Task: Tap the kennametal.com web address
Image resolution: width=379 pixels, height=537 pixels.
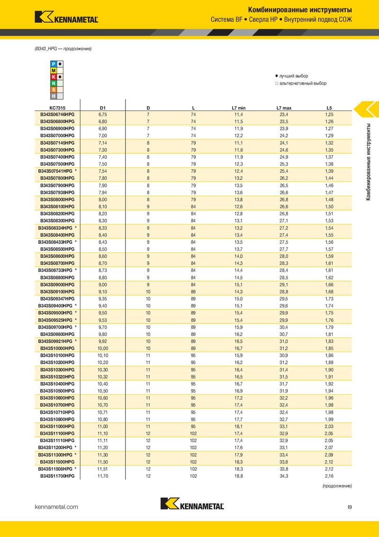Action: [x=56, y=507]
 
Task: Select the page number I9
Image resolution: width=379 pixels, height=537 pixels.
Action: [x=349, y=507]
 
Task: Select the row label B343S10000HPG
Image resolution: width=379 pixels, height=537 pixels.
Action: [x=57, y=349]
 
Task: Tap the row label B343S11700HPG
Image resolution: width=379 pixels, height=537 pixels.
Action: [x=57, y=476]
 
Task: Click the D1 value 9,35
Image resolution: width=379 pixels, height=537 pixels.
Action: [x=102, y=299]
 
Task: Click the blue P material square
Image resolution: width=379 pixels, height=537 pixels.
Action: [x=54, y=64]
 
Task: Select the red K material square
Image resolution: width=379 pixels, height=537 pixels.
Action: [x=54, y=77]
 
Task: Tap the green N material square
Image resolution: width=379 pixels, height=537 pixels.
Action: [x=54, y=83]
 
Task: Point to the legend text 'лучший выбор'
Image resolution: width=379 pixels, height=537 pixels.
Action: [x=294, y=76]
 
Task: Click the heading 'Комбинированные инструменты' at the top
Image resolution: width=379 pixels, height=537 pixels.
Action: [x=300, y=9]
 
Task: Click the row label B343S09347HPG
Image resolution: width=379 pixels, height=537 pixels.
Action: [x=57, y=299]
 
